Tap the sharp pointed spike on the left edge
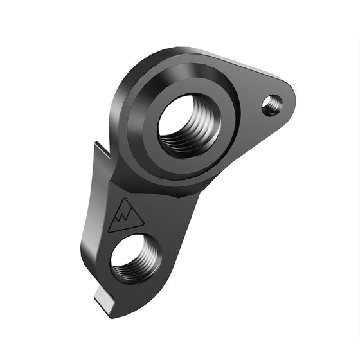96,147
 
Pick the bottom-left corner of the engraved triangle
109,230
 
